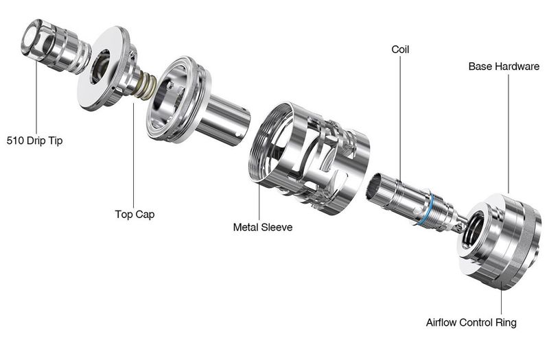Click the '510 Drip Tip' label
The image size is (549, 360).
point(35,141)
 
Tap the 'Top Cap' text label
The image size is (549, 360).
point(135,214)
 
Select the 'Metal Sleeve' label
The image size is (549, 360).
point(263,227)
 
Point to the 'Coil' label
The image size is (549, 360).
point(400,49)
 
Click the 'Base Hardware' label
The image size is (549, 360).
point(504,66)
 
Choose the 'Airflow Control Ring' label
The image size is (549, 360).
point(471,322)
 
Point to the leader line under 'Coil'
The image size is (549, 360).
point(401,119)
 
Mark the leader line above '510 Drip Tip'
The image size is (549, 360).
point(36,95)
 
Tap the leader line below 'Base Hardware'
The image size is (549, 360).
point(509,133)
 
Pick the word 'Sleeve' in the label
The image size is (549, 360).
point(277,227)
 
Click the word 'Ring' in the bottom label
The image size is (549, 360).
point(506,322)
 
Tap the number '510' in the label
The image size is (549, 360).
point(15,141)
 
